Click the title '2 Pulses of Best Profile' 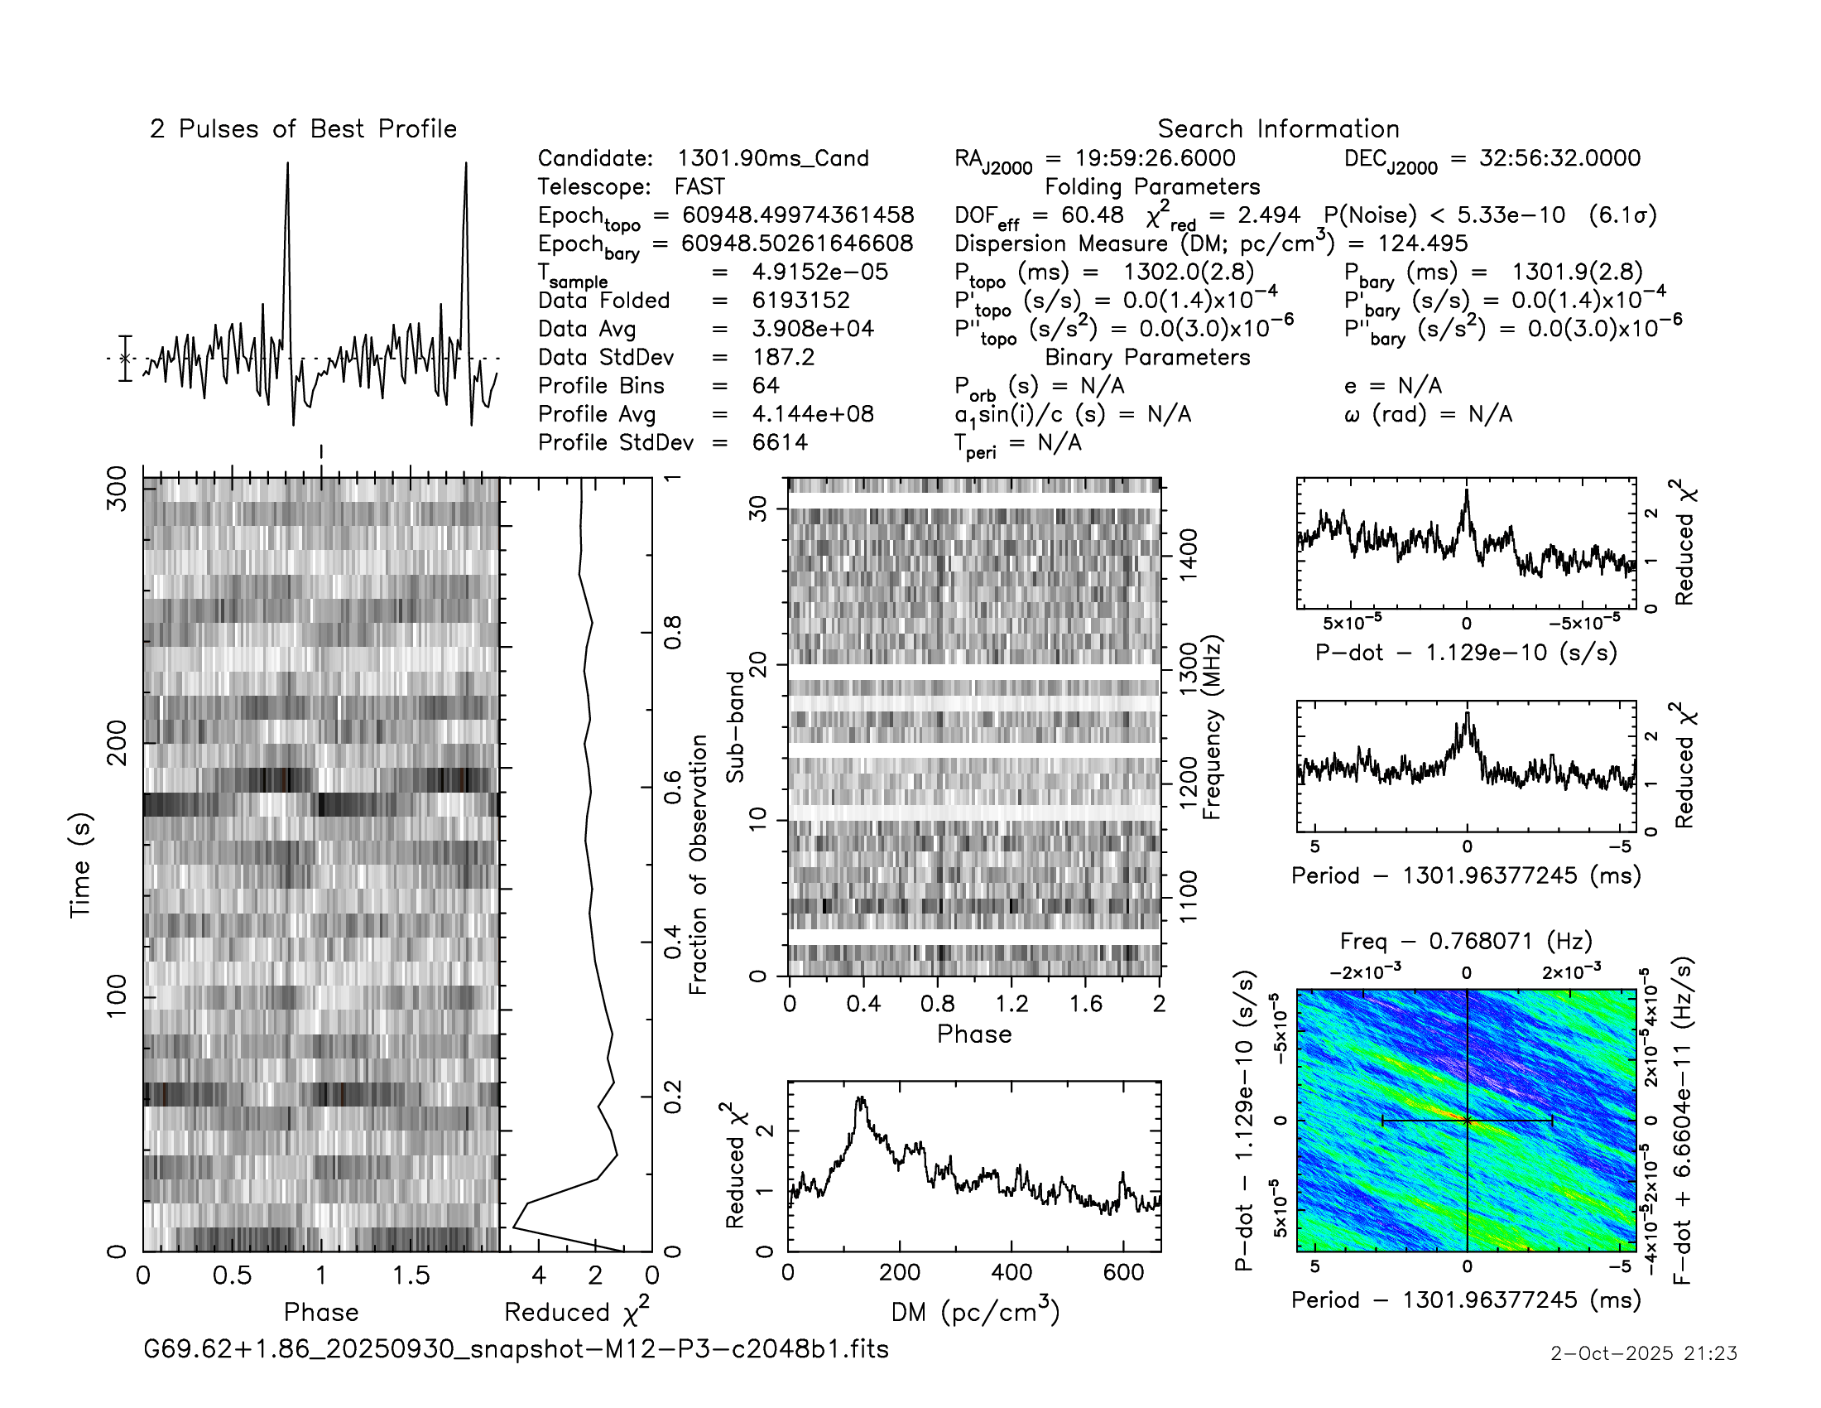pyautogui.click(x=304, y=129)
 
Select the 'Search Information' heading pyautogui.click(x=1277, y=129)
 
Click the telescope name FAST pyautogui.click(x=699, y=187)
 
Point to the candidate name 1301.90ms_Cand pyautogui.click(x=772, y=158)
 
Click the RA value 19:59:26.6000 pyautogui.click(x=1155, y=158)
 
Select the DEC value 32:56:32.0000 pyautogui.click(x=1559, y=158)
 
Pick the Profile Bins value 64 pyautogui.click(x=765, y=385)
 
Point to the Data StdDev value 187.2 pyautogui.click(x=783, y=357)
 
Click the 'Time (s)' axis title pyautogui.click(x=80, y=865)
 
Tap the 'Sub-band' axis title pyautogui.click(x=734, y=726)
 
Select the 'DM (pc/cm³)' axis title pyautogui.click(x=975, y=1312)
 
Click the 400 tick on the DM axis pyautogui.click(x=1011, y=1273)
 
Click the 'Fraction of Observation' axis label pyautogui.click(x=698, y=865)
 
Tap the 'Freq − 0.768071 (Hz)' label pyautogui.click(x=1466, y=942)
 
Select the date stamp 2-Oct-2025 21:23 pyautogui.click(x=1643, y=1353)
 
